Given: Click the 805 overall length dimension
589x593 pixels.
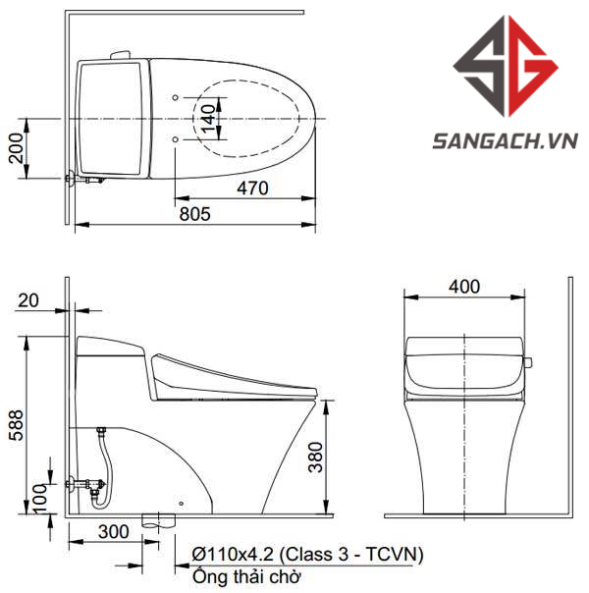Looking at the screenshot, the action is tap(194, 214).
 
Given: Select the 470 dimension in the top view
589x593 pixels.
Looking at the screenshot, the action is tap(252, 189).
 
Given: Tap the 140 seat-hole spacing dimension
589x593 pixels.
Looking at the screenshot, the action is tap(208, 119).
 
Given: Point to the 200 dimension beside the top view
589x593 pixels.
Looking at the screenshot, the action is tap(17, 148).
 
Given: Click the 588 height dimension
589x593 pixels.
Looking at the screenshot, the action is tap(17, 425).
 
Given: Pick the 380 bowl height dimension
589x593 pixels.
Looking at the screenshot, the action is tap(316, 458).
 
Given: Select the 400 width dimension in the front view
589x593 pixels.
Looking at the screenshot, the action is tap(464, 287).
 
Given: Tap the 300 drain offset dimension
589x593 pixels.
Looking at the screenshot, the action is tap(114, 532).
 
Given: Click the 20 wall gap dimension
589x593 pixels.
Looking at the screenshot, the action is tap(28, 300).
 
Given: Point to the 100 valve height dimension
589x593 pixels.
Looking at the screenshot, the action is tap(40, 499).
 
